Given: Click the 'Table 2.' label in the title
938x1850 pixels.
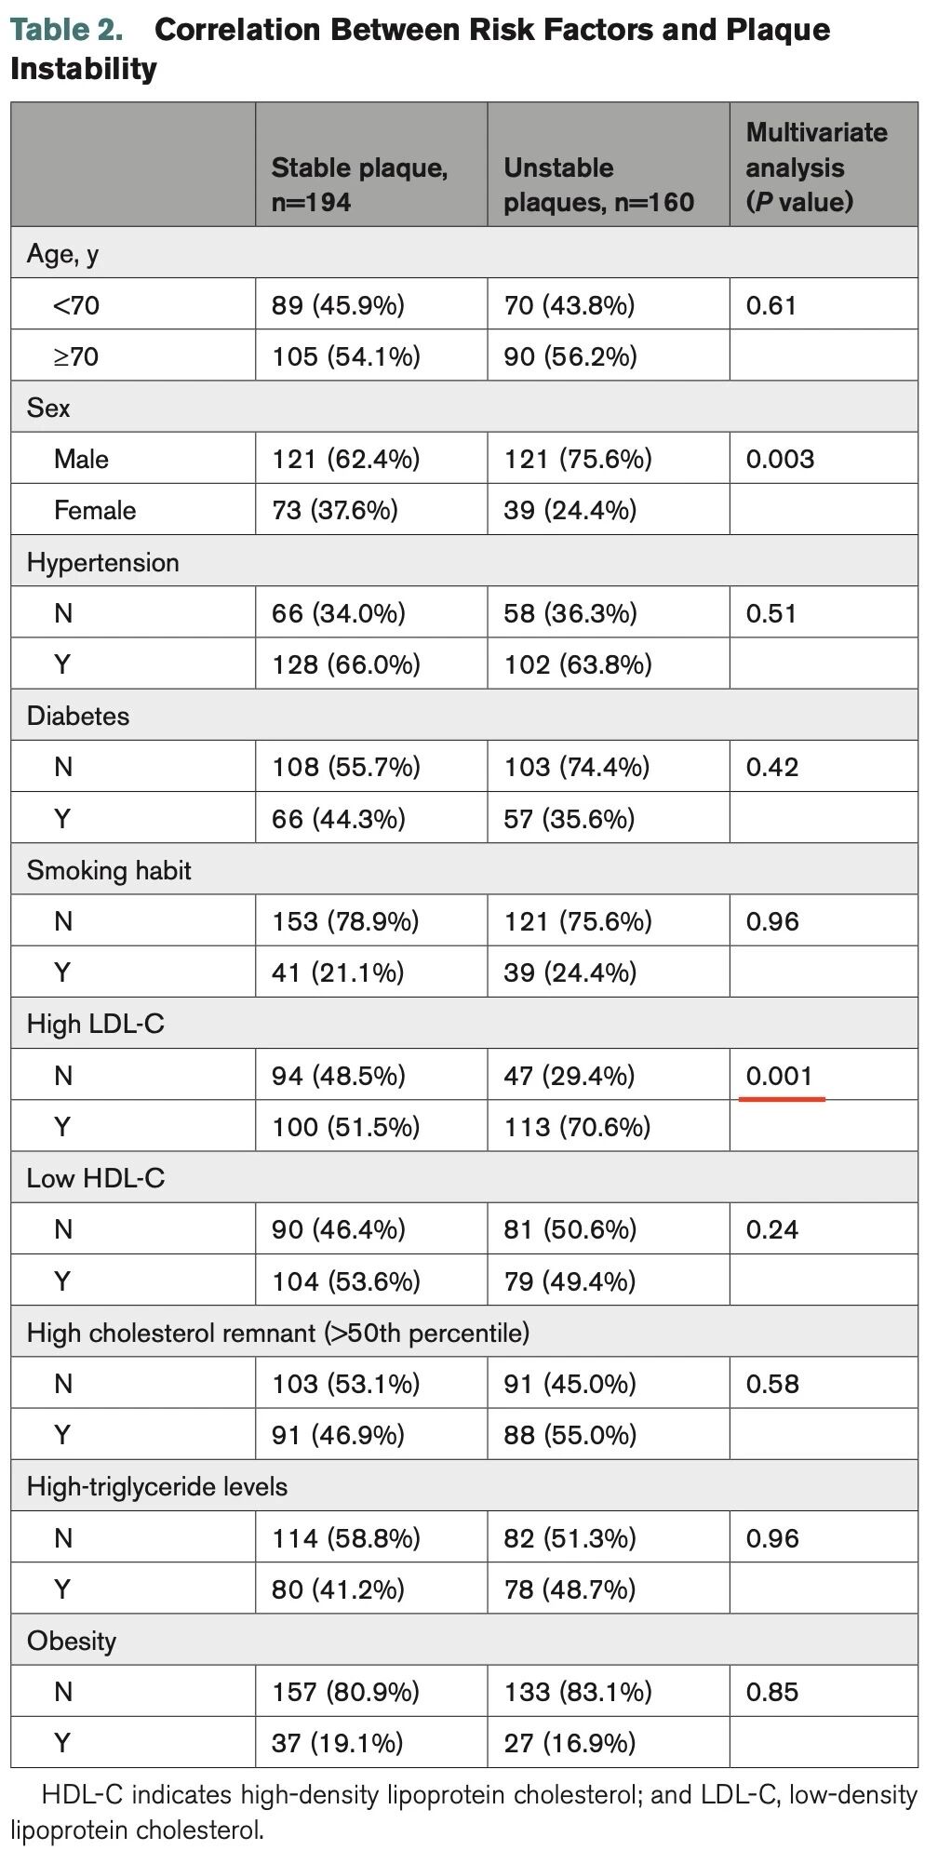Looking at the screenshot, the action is (x=66, y=30).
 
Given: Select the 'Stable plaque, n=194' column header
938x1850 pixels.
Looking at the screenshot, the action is (x=359, y=184).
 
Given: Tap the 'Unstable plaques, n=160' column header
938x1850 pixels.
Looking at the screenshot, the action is (x=598, y=184).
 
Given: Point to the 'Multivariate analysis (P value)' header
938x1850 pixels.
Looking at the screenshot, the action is (x=816, y=168).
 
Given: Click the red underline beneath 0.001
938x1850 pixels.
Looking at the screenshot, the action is (x=782, y=1099).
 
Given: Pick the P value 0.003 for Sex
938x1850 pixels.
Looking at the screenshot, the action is (x=780, y=459).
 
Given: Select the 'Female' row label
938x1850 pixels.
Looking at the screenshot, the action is (x=95, y=510).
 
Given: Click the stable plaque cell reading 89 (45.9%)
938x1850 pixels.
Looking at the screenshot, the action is (x=338, y=305).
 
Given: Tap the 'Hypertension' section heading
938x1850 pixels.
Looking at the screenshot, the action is (x=102, y=562).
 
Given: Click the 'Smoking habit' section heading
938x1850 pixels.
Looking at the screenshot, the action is (x=109, y=870).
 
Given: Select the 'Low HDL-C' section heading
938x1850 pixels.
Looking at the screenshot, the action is (x=96, y=1178).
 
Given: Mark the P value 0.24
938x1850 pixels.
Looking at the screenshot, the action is (x=772, y=1229).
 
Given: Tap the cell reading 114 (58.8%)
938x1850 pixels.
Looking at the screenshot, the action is (x=346, y=1538).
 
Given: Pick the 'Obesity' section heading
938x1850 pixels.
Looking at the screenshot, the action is (x=72, y=1641).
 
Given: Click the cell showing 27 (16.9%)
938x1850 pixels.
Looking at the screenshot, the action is (x=569, y=1743).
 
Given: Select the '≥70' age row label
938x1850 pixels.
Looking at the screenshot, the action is (x=76, y=356).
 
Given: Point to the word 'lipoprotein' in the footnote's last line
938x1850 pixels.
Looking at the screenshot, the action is (x=70, y=1830).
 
